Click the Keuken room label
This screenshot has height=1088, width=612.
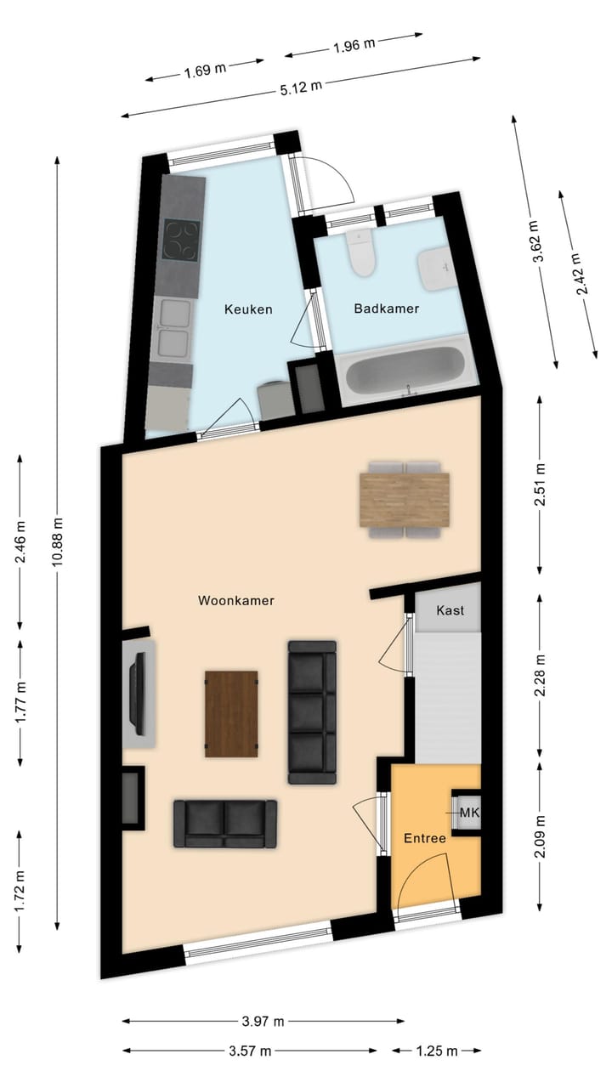click(x=248, y=309)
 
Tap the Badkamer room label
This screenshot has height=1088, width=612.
click(x=386, y=309)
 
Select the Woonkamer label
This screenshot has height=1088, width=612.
click(x=236, y=601)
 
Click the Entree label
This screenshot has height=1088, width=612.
click(x=425, y=838)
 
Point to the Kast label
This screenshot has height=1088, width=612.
click(x=450, y=610)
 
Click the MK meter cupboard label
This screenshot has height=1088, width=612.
click(x=469, y=813)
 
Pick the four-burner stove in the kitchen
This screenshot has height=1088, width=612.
click(x=181, y=240)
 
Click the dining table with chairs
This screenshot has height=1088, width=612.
click(x=404, y=500)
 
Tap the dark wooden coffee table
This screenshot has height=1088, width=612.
click(x=231, y=712)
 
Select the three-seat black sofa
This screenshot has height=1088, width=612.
click(x=312, y=711)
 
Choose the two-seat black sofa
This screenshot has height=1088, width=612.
click(x=225, y=823)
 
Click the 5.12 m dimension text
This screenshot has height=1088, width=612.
click(x=302, y=86)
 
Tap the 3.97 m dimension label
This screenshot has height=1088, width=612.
click(x=262, y=1021)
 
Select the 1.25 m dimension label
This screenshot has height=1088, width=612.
click(x=436, y=1051)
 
